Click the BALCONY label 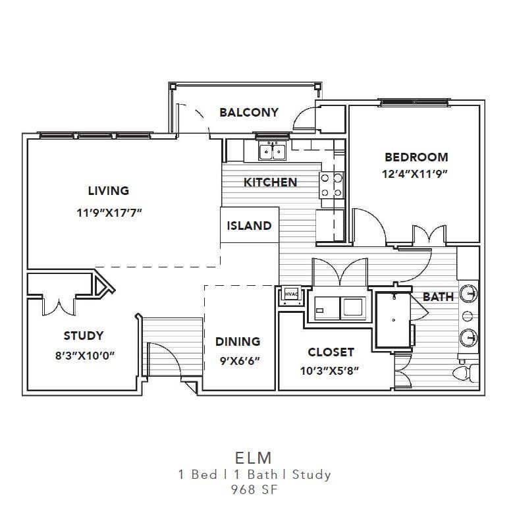pyautogui.click(x=249, y=113)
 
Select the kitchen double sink pyautogui.click(x=273, y=151)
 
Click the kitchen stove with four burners pyautogui.click(x=331, y=185)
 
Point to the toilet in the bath pyautogui.click(x=466, y=373)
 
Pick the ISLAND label pyautogui.click(x=249, y=226)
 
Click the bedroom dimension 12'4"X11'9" pyautogui.click(x=415, y=174)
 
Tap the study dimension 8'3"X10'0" pyautogui.click(x=85, y=356)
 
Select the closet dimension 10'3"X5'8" pyautogui.click(x=329, y=370)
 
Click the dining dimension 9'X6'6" pyautogui.click(x=240, y=360)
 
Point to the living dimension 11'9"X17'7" pyautogui.click(x=109, y=212)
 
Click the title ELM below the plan pyautogui.click(x=253, y=458)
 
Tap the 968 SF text pyautogui.click(x=254, y=489)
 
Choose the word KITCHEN pyautogui.click(x=270, y=182)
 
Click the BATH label pyautogui.click(x=438, y=296)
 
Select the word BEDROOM pyautogui.click(x=416, y=157)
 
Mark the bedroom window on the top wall pyautogui.click(x=414, y=102)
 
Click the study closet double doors pyautogui.click(x=59, y=306)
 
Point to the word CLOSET pyautogui.click(x=331, y=352)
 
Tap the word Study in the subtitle pyautogui.click(x=311, y=474)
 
